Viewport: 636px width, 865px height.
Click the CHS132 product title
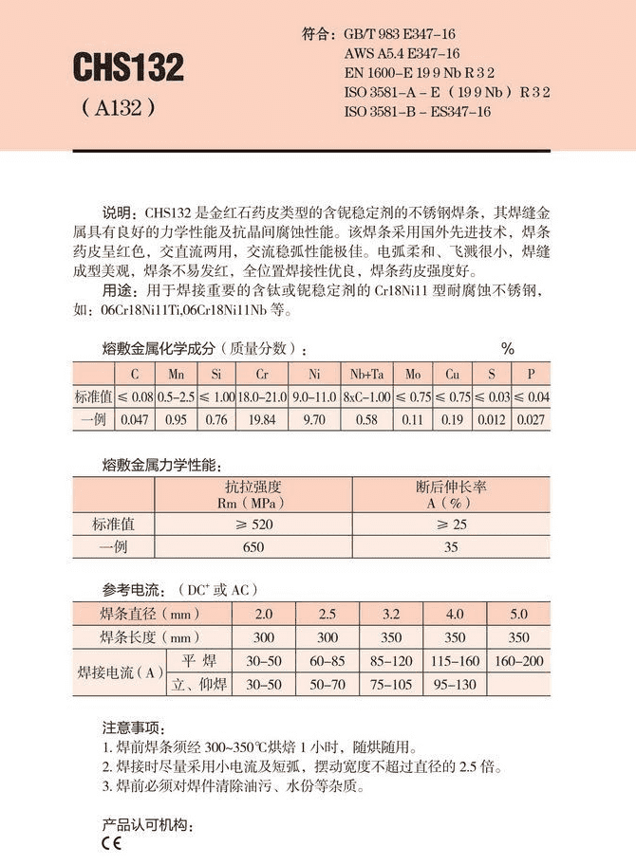128,67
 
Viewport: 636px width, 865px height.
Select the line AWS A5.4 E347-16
402,53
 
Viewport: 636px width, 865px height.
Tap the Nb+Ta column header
366,375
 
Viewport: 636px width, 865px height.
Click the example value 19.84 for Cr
261,418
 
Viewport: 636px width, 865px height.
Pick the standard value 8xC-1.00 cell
366,396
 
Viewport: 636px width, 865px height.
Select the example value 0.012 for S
491,418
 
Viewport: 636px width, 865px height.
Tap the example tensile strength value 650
253,547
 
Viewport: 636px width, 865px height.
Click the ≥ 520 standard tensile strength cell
253,524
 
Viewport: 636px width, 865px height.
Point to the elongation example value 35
451,547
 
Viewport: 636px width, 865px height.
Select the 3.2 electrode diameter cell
391,614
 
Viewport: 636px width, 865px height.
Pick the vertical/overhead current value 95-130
455,684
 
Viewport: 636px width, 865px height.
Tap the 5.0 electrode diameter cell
519,614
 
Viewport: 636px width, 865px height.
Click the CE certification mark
110,842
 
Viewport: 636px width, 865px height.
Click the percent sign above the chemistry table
508,349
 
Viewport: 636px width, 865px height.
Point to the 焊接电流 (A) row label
120,672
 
